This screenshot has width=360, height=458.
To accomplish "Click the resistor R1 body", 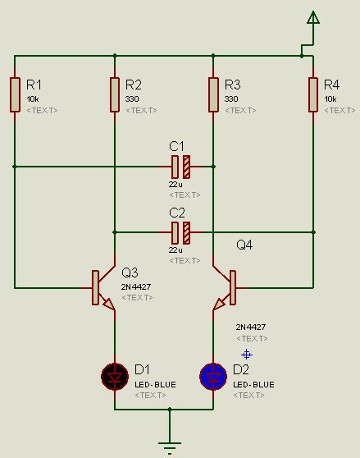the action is click(x=15, y=94).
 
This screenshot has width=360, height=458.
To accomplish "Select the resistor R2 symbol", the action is click(x=115, y=94).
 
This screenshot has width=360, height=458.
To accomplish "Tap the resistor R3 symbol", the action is click(x=213, y=94).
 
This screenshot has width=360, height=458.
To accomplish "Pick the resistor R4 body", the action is click(x=313, y=94).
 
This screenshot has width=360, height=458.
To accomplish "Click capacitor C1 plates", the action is click(x=181, y=167).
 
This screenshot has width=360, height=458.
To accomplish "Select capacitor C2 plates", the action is click(x=181, y=232).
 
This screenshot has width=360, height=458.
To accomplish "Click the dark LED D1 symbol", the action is click(x=115, y=377).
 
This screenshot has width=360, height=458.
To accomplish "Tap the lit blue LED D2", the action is click(x=213, y=377).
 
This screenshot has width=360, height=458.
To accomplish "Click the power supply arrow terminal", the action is click(x=313, y=17).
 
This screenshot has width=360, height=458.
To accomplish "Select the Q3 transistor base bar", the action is click(x=95, y=288).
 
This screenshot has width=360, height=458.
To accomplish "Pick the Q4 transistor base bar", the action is click(x=233, y=288).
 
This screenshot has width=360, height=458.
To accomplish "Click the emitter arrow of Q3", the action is click(x=108, y=304).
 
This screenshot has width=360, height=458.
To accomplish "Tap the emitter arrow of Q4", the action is click(x=219, y=304).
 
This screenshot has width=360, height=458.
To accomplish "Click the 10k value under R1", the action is click(x=33, y=99).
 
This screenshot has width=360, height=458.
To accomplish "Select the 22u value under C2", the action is click(x=175, y=250).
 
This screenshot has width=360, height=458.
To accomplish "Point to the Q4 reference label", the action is click(x=244, y=245).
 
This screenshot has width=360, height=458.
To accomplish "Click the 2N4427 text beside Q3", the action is click(x=136, y=286).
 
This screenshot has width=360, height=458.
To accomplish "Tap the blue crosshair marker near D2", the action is click(x=247, y=355).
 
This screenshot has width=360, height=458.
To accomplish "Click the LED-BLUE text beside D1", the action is click(x=155, y=384).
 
